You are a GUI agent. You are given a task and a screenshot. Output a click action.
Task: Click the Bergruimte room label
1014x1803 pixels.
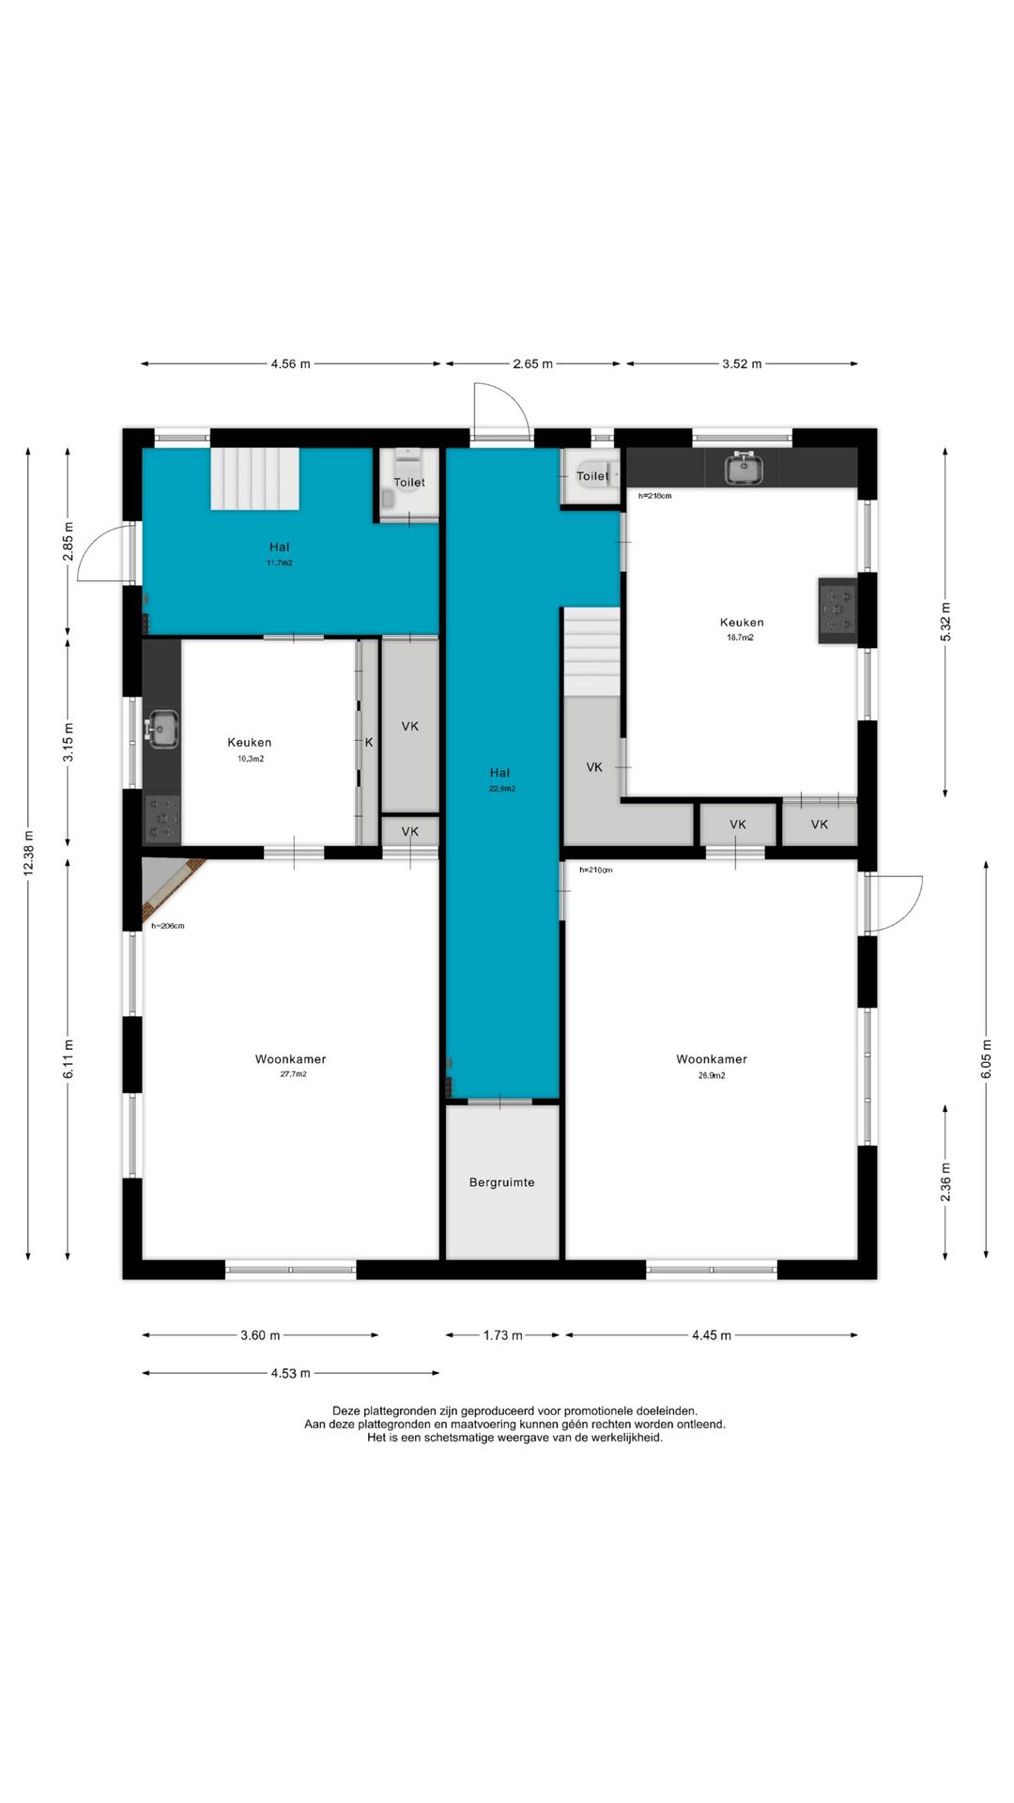[x=501, y=1182]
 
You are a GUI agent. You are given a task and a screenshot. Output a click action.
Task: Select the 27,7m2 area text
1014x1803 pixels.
[x=293, y=1074]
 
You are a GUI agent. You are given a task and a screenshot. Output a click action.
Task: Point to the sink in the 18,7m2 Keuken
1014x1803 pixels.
[x=744, y=467]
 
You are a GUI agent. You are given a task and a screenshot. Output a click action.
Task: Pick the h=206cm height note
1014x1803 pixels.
[x=168, y=926]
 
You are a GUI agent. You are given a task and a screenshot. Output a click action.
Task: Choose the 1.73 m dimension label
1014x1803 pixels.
[x=503, y=1335]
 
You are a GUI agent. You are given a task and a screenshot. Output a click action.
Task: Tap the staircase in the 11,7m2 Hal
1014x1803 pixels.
[x=254, y=479]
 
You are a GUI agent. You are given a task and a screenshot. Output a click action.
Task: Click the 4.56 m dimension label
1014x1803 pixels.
[x=290, y=364]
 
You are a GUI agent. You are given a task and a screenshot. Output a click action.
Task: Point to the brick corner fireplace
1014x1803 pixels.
[x=171, y=887]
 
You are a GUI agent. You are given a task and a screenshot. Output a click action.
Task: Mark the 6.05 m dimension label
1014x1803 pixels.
[x=987, y=1059]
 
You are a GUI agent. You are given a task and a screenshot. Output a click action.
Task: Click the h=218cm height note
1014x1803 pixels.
[x=654, y=496]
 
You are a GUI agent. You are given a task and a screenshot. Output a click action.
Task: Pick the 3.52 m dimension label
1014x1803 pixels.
[x=742, y=364]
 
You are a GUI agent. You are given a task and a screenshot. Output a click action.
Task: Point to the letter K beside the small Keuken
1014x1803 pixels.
[x=369, y=743]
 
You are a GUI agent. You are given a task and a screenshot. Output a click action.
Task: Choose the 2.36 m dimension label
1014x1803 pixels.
[x=945, y=1181]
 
